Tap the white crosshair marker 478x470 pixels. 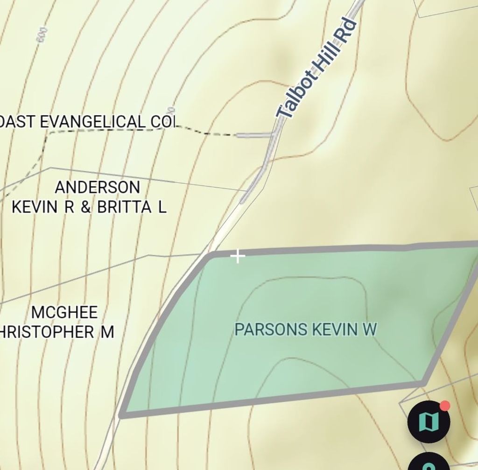[238, 256]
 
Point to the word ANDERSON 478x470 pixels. [97, 187]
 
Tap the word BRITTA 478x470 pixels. [124, 207]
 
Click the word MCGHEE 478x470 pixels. [64, 312]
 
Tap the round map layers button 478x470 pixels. [429, 422]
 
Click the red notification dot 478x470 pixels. [445, 406]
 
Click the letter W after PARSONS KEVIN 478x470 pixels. [370, 330]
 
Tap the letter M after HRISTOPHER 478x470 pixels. [107, 332]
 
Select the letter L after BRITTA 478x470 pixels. [162, 207]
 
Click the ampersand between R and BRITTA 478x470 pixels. [86, 207]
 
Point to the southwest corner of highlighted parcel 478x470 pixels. [122, 414]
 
